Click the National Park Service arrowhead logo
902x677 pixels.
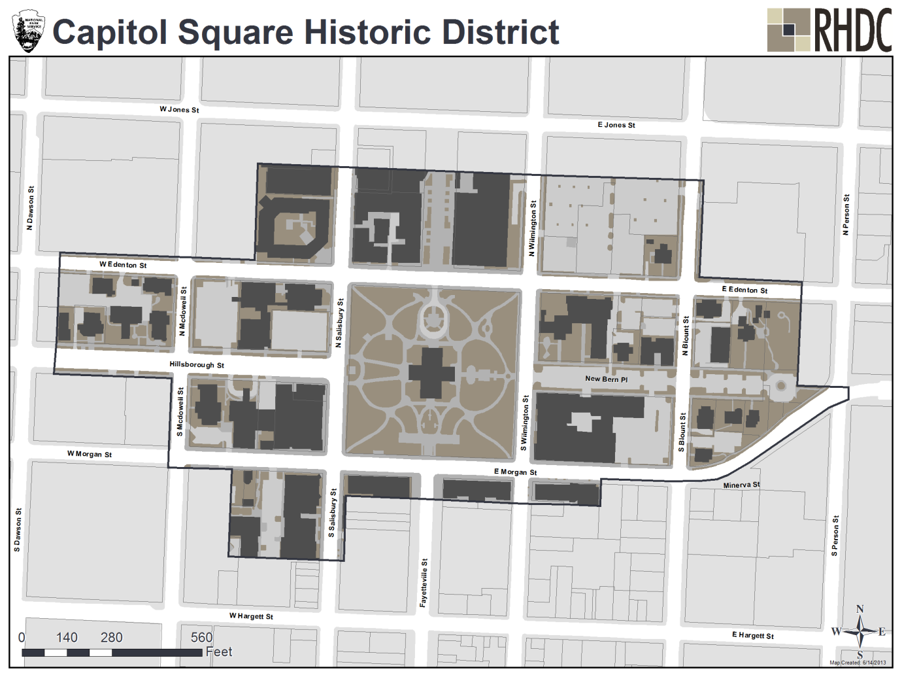pyautogui.click(x=28, y=31)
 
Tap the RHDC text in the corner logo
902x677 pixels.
pyautogui.click(x=852, y=31)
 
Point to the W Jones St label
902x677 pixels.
pyautogui.click(x=179, y=109)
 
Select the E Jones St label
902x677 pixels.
pyautogui.click(x=616, y=124)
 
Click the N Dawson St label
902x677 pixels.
pyautogui.click(x=30, y=208)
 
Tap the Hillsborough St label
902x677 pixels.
pyautogui.click(x=196, y=364)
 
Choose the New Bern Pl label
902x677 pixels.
pyautogui.click(x=606, y=379)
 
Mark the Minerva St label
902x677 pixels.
pyautogui.click(x=741, y=485)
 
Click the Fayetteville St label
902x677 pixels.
pyautogui.click(x=424, y=583)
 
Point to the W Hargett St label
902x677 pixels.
pyautogui.click(x=251, y=616)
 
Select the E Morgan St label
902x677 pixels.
pyautogui.click(x=515, y=472)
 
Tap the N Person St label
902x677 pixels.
pyautogui.click(x=846, y=215)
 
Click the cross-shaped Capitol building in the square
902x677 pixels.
pyautogui.click(x=431, y=372)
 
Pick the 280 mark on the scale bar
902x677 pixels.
pyautogui.click(x=111, y=637)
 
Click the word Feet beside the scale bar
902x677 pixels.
pyautogui.click(x=219, y=651)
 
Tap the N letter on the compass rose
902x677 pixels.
pyautogui.click(x=860, y=609)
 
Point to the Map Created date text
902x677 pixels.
pyautogui.click(x=858, y=663)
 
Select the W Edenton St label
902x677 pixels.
pyautogui.click(x=123, y=264)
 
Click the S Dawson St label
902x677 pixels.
pyautogui.click(x=18, y=530)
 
